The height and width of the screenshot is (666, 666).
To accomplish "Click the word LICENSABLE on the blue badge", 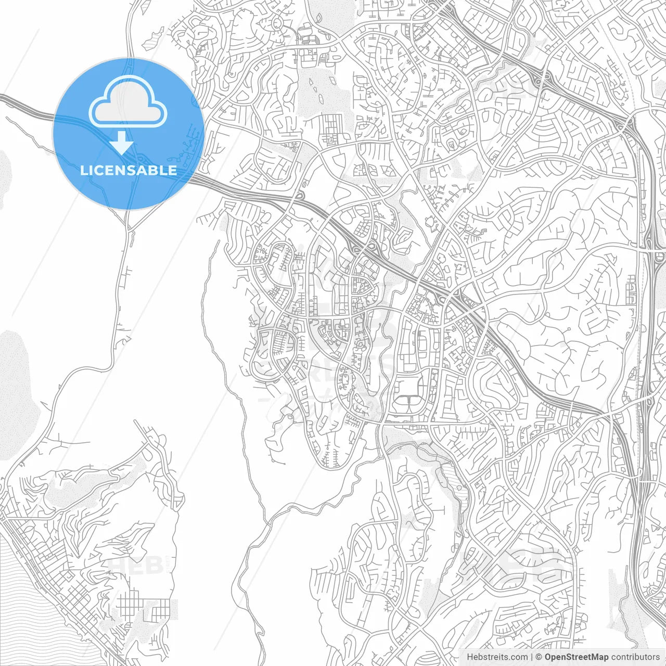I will click(128, 170).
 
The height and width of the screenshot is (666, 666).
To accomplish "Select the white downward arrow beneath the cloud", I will click(122, 142).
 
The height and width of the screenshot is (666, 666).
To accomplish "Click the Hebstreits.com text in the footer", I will click(497, 657).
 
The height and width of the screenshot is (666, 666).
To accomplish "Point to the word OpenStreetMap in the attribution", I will click(577, 657).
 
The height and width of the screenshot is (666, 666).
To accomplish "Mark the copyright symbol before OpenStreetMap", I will click(539, 657).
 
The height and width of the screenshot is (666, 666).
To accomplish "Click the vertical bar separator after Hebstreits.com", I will click(531, 657).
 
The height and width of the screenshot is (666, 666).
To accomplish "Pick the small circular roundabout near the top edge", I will click(276, 23).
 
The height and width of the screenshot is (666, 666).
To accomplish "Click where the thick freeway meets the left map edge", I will click(2, 97).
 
